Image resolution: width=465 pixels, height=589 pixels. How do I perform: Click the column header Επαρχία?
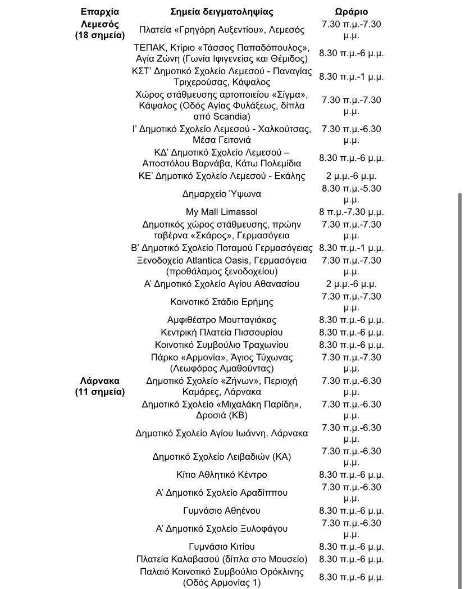coord(100,12)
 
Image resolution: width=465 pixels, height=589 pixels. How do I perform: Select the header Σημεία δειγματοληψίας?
coord(222,12)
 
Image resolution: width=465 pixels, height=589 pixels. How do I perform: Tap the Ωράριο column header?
coord(352,12)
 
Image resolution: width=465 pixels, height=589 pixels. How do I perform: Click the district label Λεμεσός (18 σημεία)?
coord(100,29)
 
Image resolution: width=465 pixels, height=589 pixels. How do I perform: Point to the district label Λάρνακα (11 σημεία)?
coord(100,386)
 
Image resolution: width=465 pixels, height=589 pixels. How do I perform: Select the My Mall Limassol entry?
coord(222,212)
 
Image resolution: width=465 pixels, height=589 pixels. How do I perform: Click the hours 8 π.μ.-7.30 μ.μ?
coord(352,212)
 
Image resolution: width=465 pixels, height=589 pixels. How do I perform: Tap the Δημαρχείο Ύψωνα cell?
coord(222,194)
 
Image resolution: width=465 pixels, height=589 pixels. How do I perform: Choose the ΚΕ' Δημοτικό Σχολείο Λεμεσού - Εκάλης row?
coord(222,176)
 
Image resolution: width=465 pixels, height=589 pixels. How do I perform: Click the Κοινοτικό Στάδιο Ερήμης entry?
coord(222,302)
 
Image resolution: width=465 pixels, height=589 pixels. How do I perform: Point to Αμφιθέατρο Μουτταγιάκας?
coord(222,320)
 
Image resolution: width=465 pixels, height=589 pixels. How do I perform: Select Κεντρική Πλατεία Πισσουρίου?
coord(222,332)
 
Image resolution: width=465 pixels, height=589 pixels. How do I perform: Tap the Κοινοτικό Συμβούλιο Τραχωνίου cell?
coord(222,345)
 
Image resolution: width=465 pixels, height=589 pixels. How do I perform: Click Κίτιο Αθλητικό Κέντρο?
coord(222,475)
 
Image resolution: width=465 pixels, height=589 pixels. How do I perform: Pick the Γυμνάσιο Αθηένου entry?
coord(222,511)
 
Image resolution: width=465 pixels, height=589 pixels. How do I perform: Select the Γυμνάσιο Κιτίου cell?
coord(222,546)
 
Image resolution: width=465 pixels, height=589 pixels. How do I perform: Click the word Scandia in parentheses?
coord(232,117)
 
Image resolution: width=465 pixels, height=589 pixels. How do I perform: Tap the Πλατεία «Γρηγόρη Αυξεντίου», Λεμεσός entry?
coord(222,29)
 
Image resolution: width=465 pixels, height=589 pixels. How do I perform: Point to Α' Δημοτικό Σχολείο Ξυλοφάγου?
coord(222,528)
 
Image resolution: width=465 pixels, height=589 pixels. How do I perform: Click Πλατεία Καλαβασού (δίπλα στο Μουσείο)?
coord(222,559)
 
